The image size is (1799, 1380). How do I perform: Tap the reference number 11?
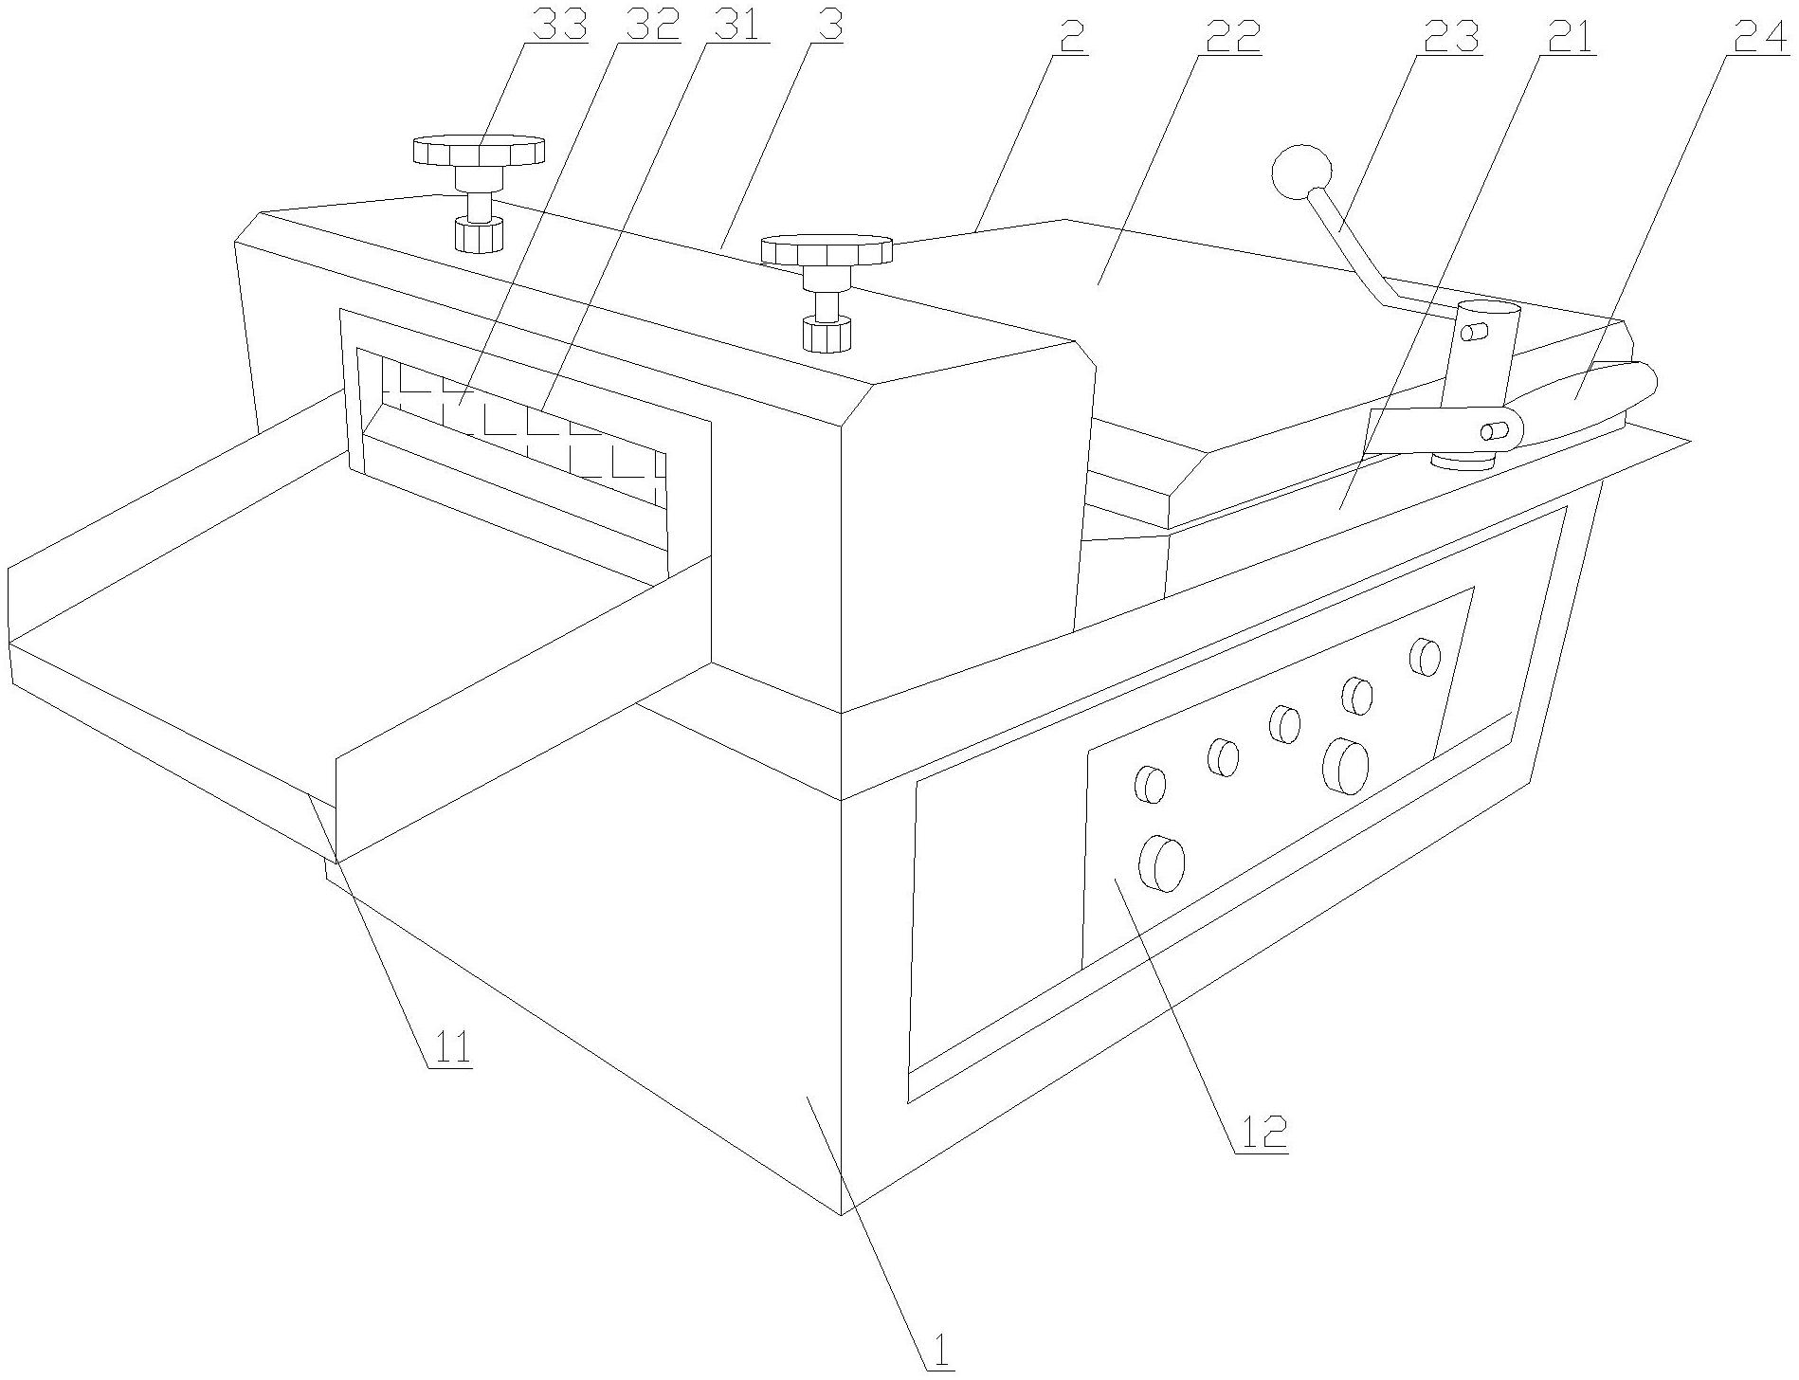(451, 1049)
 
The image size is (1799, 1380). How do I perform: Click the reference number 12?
(1261, 1133)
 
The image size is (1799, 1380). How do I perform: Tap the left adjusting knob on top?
(479, 152)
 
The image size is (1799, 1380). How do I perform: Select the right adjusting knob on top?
(827, 250)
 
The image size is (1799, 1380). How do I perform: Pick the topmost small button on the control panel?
(1424, 656)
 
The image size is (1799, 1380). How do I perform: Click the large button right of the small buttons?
(1346, 764)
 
